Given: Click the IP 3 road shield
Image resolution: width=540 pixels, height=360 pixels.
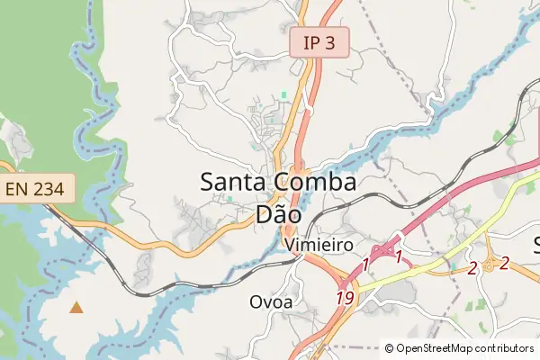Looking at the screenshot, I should (319, 42).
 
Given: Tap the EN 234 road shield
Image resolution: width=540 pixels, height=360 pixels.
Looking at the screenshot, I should (37, 188).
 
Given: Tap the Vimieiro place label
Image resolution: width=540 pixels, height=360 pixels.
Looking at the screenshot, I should (317, 245).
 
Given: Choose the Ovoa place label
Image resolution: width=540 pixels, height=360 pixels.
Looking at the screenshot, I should (271, 302).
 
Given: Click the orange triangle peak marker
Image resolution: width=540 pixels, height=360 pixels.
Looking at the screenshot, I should (76, 308).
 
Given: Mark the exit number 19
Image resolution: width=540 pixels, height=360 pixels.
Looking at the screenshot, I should (345, 297).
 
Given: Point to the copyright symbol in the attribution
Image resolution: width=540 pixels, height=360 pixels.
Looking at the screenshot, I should (389, 347).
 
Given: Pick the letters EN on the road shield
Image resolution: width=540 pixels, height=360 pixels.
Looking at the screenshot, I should (18, 188).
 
